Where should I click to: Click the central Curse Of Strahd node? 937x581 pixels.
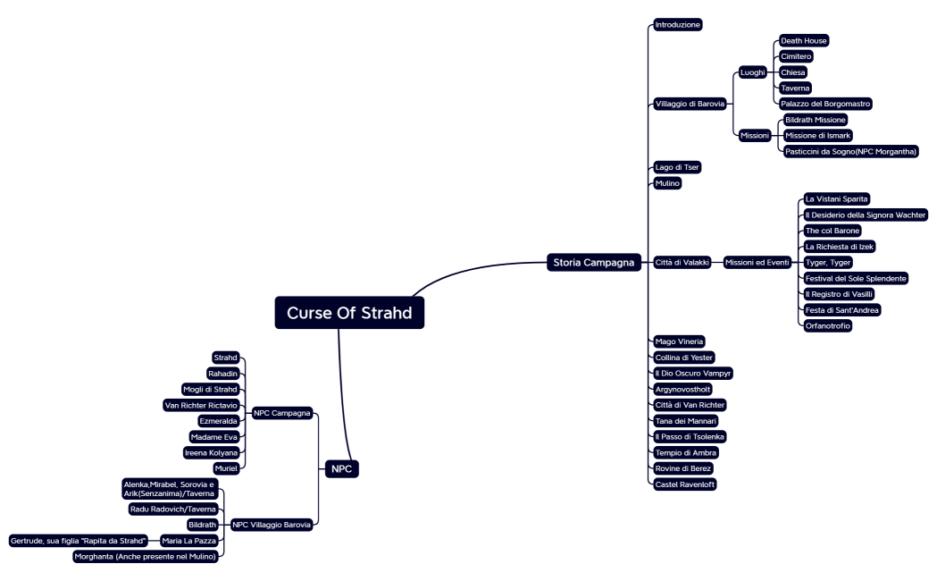tap(349, 313)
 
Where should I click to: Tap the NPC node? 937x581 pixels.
tap(340, 468)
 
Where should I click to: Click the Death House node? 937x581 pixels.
tap(804, 41)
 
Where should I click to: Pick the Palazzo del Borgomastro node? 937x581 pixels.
tap(825, 104)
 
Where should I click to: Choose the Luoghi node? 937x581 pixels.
tap(753, 72)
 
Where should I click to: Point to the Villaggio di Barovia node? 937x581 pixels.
tap(689, 104)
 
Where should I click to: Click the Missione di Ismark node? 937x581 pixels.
tap(816, 135)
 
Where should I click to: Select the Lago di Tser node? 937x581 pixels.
tap(677, 167)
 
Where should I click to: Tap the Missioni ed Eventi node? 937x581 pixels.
tap(756, 263)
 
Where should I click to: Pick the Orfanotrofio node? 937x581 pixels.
tap(827, 326)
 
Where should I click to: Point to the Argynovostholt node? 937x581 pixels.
tap(683, 389)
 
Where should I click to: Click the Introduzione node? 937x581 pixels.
tap(678, 25)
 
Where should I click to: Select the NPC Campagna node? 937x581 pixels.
tap(282, 413)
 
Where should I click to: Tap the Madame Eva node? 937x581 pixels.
tap(214, 437)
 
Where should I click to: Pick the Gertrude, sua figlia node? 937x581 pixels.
tap(78, 540)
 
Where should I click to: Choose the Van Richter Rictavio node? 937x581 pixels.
tap(201, 405)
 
